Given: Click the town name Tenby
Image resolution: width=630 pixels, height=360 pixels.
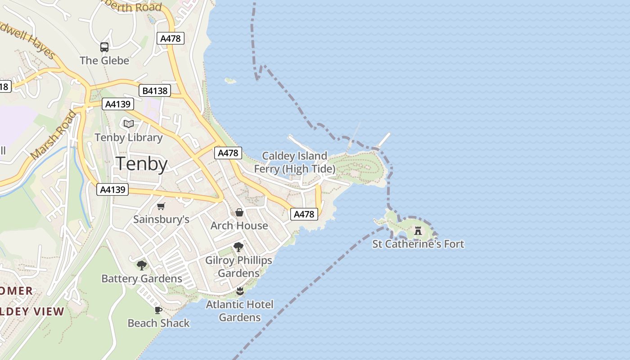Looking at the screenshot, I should [142, 164].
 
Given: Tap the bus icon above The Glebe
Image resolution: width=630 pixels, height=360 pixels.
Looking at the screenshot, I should [104, 47].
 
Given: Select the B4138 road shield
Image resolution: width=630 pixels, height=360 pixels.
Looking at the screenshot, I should [155, 90].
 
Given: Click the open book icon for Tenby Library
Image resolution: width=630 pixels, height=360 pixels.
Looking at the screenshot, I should [129, 124].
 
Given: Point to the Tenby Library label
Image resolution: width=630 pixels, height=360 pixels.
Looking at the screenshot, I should [129, 138].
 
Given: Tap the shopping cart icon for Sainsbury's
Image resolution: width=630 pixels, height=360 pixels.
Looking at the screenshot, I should [161, 207].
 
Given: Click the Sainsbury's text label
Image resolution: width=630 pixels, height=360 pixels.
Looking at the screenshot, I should [161, 220].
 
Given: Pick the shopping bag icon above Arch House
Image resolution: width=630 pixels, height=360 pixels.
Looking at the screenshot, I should [239, 212].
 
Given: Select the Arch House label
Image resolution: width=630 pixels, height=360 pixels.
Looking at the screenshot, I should [239, 225].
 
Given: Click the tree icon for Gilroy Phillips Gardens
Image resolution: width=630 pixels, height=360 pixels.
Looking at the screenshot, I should [238, 247].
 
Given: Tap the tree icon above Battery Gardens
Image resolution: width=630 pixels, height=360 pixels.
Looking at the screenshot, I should [142, 265].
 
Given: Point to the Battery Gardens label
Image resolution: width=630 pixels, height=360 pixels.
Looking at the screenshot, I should [142, 279].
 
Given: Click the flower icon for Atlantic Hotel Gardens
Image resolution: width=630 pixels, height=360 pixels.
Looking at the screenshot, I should [239, 291].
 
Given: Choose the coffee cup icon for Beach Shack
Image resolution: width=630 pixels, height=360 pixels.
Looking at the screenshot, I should [158, 310].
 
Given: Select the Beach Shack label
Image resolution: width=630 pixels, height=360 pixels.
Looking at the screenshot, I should [158, 323].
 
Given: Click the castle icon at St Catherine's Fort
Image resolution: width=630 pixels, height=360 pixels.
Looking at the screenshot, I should [418, 231].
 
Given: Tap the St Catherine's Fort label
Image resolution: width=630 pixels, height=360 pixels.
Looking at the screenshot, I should [418, 244].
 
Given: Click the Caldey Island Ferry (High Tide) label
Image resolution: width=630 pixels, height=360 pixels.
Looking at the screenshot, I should [295, 162].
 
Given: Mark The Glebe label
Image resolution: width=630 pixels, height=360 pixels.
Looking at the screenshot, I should [104, 60].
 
